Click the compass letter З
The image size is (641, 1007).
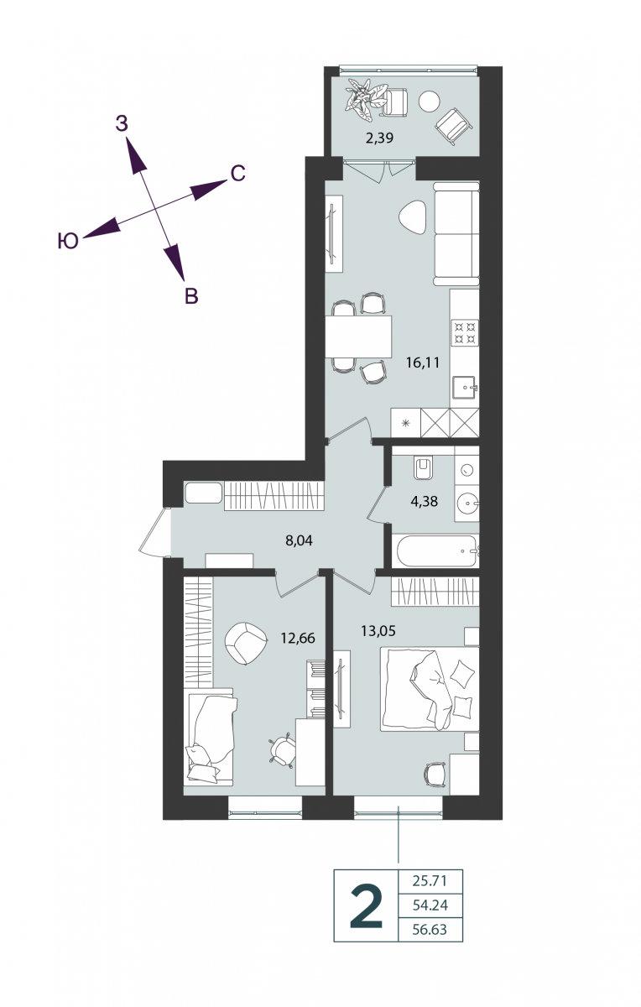(x=122, y=123)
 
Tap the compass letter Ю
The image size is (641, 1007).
(x=68, y=242)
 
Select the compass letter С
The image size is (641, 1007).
(x=237, y=174)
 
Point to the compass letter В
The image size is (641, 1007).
(x=191, y=295)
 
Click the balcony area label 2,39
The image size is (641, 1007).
(x=379, y=138)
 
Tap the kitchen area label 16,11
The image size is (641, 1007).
(x=423, y=363)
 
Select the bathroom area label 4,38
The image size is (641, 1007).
(x=424, y=501)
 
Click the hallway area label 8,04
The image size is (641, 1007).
(x=299, y=540)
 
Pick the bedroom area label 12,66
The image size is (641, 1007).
(x=298, y=638)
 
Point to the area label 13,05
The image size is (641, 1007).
(x=378, y=631)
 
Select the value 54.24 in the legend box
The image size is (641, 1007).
(x=430, y=905)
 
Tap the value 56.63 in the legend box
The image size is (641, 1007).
(x=430, y=929)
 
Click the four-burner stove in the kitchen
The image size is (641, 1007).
(x=465, y=332)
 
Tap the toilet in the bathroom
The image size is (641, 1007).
(x=423, y=468)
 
